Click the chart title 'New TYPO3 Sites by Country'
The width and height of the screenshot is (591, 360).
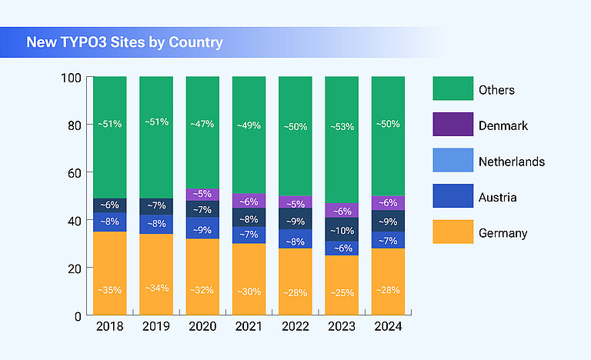125,42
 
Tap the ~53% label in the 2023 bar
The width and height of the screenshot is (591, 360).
342,125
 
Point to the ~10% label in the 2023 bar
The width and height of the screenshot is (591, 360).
342,231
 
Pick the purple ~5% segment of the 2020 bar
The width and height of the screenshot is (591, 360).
202,195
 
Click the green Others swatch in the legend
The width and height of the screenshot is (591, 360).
452,89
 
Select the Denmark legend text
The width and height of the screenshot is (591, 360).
503,125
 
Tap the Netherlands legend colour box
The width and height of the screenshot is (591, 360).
452,161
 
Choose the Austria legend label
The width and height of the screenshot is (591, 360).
498,197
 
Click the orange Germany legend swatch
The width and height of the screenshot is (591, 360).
452,232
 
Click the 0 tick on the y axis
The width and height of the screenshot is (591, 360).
78,315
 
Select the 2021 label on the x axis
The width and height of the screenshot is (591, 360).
249,327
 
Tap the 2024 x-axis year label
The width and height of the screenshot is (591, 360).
388,327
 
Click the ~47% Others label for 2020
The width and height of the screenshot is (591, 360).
202,124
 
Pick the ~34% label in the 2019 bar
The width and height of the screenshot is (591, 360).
156,288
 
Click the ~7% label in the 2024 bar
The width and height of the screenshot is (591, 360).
388,241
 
